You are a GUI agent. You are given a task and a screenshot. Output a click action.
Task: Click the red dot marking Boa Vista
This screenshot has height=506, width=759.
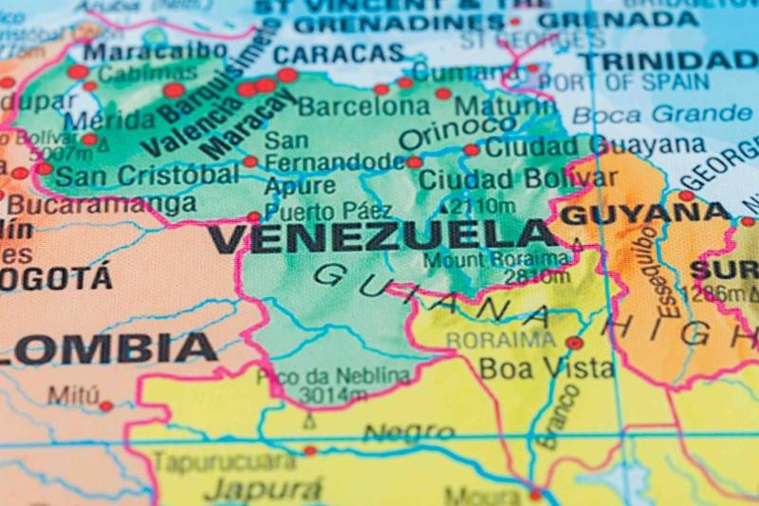coord(574,343)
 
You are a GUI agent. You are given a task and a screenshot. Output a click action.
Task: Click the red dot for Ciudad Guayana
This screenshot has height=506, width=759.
coord(472,150)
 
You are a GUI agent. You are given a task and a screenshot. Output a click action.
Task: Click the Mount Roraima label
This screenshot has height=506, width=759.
coord(496,259)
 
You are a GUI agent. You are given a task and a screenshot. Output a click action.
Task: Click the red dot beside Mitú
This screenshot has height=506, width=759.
coord(105,406)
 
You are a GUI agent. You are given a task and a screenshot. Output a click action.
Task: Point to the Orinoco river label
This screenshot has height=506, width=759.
coord(444,133)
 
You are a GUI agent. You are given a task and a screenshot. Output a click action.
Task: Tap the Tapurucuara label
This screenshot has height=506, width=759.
coord(225,462)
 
